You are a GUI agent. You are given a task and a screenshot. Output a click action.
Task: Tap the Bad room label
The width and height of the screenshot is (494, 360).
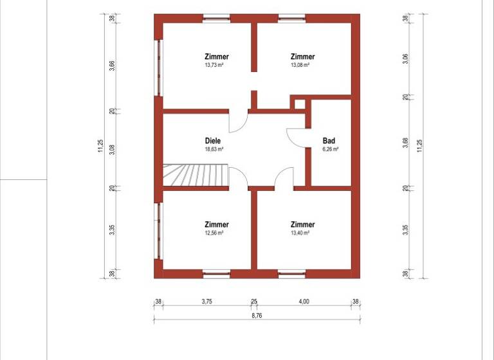pos(329,140)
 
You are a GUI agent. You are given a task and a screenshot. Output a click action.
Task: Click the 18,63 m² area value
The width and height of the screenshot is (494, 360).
pos(214,148)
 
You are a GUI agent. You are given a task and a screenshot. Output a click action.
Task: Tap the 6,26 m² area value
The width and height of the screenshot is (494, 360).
pos(329,148)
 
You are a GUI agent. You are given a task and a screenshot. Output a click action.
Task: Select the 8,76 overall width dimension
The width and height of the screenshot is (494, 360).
pos(256,315)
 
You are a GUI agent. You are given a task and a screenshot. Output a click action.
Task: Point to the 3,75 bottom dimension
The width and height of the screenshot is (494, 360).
pos(207,301)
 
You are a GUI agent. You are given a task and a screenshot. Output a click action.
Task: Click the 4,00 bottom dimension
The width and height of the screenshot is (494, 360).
pos(304,301)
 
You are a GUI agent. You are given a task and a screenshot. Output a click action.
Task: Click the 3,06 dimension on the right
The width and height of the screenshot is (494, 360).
pos(405,60)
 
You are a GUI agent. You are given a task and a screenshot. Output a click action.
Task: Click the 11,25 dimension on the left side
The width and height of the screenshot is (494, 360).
pos(101,147)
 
